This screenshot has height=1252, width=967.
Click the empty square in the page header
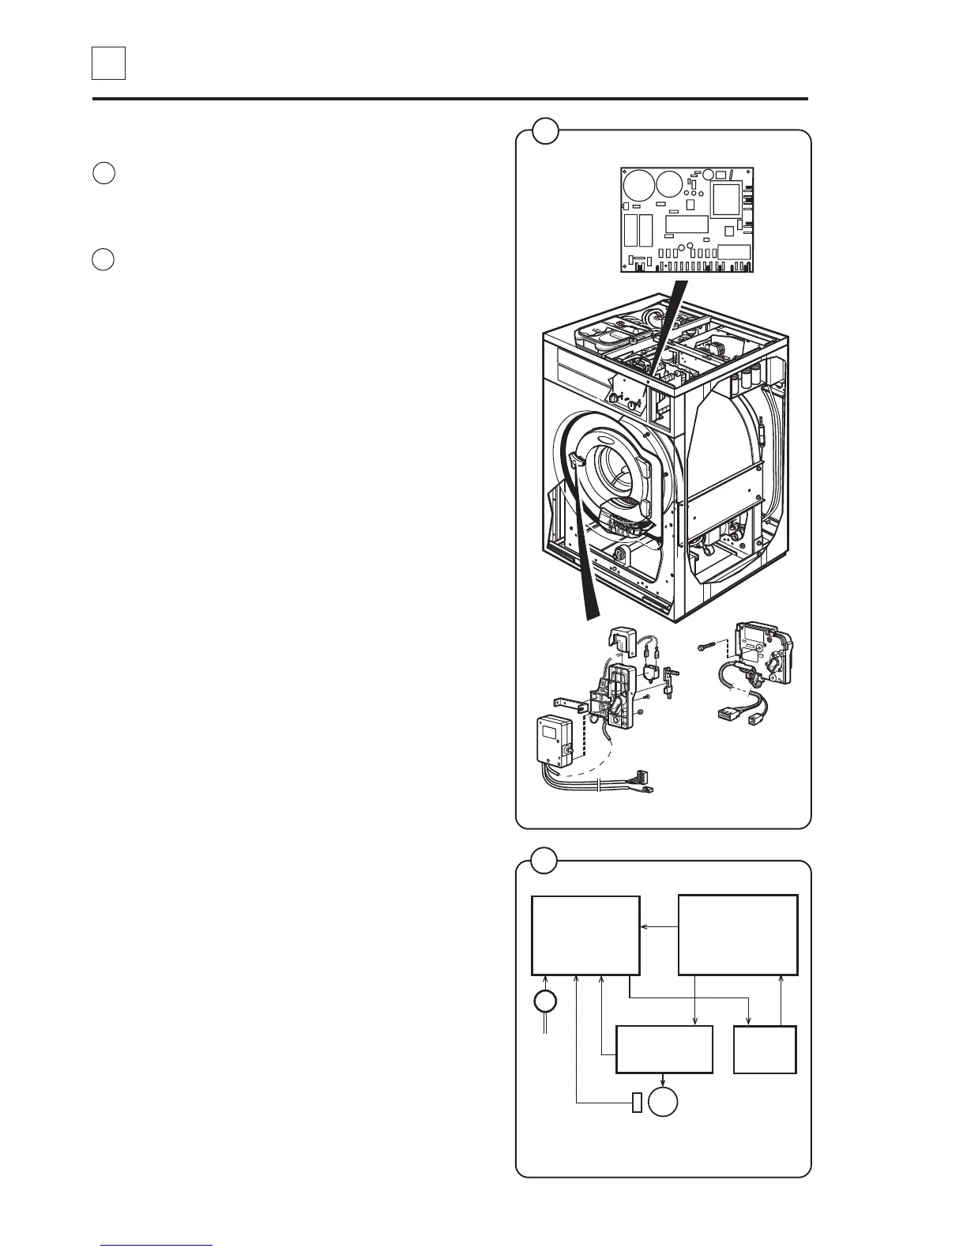(x=108, y=63)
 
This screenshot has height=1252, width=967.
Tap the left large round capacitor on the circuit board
(x=636, y=186)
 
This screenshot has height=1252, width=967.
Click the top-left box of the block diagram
(x=585, y=935)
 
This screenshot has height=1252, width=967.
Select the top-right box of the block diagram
(x=738, y=935)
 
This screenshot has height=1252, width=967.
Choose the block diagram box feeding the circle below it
(x=664, y=1049)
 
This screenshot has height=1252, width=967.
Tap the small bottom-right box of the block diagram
(x=764, y=1049)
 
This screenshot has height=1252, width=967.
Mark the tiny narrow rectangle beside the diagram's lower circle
(x=637, y=1102)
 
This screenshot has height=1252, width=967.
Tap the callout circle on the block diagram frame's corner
(x=544, y=860)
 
